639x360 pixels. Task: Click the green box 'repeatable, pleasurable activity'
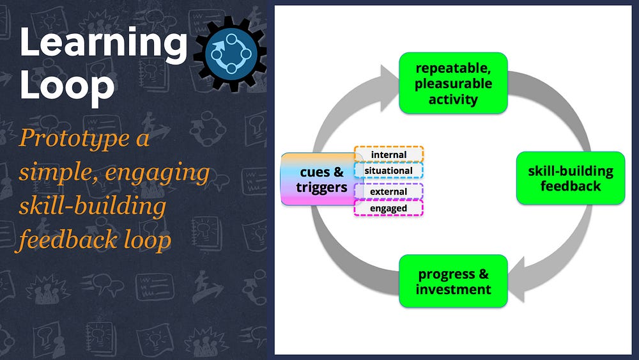click(453, 82)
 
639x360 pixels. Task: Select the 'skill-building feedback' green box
click(571, 178)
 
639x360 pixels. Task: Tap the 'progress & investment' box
click(453, 281)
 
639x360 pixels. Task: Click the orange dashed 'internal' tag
click(389, 155)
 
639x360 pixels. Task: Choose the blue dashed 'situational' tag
click(389, 171)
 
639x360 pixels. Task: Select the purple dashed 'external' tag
click(389, 192)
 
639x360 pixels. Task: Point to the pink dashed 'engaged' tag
click(389, 208)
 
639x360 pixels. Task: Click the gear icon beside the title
click(231, 54)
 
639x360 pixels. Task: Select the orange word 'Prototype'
click(74, 139)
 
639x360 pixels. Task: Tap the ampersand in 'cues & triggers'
click(338, 172)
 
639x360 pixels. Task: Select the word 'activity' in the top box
click(453, 99)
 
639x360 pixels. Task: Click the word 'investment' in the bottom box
click(453, 290)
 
